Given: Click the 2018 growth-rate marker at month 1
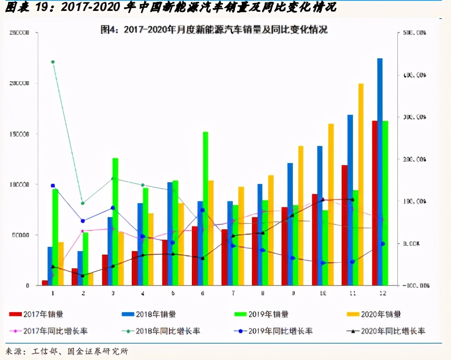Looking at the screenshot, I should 53,62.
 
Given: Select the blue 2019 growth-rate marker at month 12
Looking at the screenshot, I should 383,244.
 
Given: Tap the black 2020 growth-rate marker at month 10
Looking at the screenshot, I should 323,200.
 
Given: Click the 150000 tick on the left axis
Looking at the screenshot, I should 19,134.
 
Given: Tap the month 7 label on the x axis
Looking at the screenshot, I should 233,293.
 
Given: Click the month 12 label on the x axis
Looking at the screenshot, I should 382,293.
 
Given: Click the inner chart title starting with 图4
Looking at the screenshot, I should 214,30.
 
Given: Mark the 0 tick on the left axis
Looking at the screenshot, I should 28,285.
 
